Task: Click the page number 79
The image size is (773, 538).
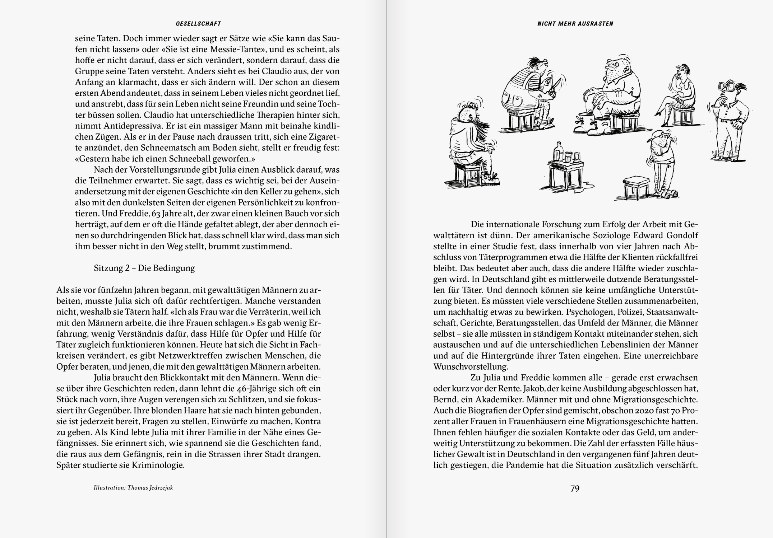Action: pos(575,488)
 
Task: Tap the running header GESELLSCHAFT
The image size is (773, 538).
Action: pos(198,24)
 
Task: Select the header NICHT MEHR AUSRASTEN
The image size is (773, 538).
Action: pos(575,24)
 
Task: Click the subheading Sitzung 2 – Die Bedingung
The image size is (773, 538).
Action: pos(144,268)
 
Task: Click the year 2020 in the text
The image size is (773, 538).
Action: pos(642,410)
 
